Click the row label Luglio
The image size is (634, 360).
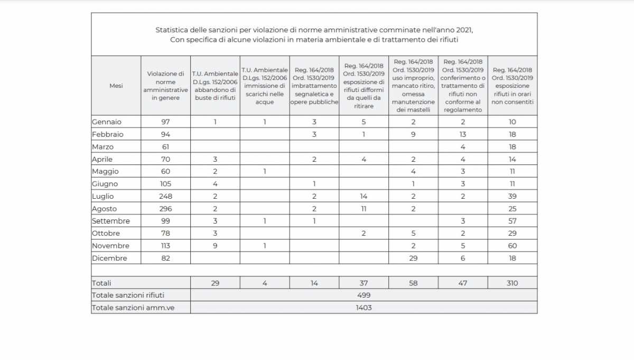click(102, 196)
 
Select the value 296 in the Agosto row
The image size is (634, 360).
click(165, 209)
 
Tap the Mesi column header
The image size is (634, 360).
click(116, 86)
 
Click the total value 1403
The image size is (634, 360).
click(363, 308)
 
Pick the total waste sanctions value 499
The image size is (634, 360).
click(363, 295)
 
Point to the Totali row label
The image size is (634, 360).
click(102, 283)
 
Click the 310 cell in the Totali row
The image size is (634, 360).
click(512, 283)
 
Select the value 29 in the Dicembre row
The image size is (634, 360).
click(413, 259)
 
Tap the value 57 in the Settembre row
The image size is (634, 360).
click(512, 221)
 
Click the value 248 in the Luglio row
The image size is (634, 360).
click(165, 196)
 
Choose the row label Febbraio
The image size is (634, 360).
click(108, 134)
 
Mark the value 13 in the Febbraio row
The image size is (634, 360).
click(462, 134)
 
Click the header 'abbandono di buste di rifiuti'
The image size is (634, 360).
click(215, 86)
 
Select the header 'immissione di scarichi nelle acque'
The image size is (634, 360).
click(265, 86)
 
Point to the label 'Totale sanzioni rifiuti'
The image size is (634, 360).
click(132, 295)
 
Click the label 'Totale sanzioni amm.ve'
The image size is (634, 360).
click(133, 308)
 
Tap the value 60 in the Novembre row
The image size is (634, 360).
click(512, 246)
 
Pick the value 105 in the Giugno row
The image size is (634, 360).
click(165, 184)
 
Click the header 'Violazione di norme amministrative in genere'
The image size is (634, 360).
click(165, 86)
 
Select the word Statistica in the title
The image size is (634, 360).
click(172, 30)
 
